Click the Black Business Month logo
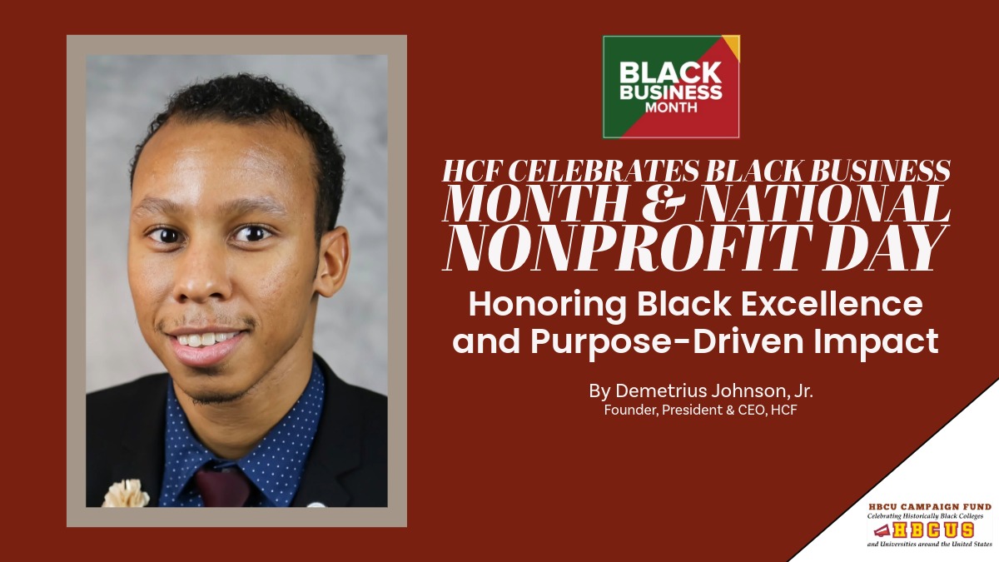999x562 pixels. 671,87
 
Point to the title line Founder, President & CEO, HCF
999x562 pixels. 700,410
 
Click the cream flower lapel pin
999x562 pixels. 126,494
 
